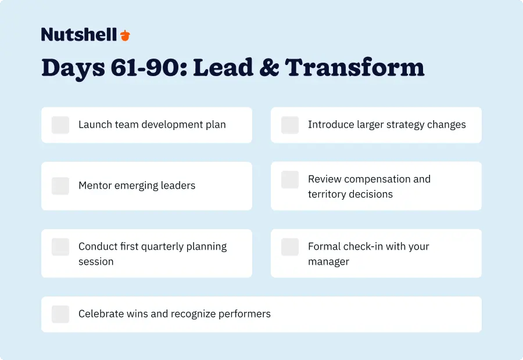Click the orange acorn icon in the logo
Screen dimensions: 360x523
[x=125, y=35]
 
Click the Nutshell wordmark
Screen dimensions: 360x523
[x=79, y=35]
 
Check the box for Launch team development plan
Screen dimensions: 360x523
[x=60, y=125]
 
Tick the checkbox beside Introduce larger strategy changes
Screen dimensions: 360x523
[x=290, y=125]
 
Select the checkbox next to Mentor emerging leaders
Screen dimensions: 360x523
[x=60, y=186]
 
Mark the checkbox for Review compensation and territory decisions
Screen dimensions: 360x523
[x=290, y=180]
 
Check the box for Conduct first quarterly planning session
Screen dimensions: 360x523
[x=60, y=247]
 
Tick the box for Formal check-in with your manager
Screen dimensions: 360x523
[x=290, y=247]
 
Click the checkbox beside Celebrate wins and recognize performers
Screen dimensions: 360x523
[x=60, y=314]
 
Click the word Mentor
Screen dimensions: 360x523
[x=96, y=186]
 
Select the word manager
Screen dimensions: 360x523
[x=328, y=262]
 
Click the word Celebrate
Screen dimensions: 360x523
[x=101, y=314]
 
